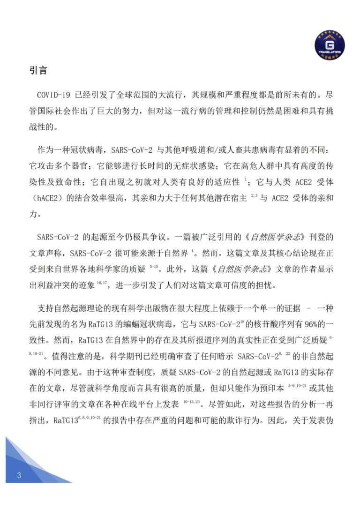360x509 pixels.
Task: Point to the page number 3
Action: tap(19, 476)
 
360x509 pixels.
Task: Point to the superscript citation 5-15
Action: tap(154, 267)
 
